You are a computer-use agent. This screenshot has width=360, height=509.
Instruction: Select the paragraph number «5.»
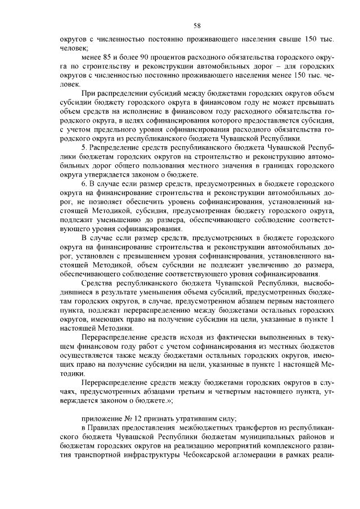[84, 148]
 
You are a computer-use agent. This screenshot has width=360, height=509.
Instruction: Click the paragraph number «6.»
[84, 183]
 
